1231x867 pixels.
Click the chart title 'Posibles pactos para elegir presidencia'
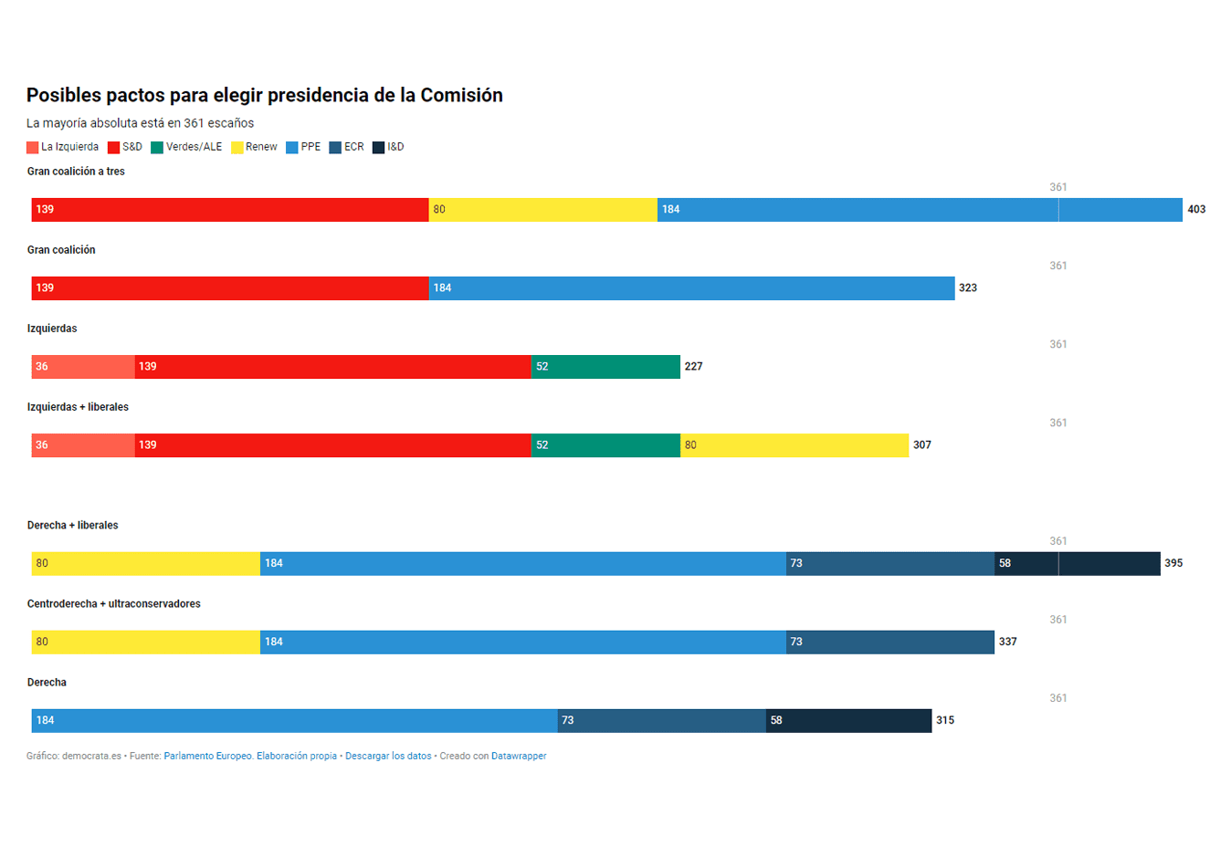264,95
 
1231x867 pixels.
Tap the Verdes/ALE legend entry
186,147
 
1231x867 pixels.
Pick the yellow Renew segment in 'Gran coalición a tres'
542,210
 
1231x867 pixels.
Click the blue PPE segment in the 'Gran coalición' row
691,288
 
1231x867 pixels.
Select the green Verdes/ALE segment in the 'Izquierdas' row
605,367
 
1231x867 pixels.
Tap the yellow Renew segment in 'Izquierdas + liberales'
794,445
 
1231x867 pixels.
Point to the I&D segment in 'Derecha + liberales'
1078,564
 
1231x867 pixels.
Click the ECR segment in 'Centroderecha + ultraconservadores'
890,642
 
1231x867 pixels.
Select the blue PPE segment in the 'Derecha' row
294,721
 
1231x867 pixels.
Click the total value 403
1196,210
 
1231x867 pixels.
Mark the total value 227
693,367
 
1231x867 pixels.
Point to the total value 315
945,721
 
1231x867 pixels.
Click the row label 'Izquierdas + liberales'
78,407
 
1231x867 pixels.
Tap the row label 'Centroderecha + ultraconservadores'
113,604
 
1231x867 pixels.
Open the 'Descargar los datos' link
388,757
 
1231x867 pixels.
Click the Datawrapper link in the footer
519,757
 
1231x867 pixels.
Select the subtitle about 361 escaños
140,123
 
